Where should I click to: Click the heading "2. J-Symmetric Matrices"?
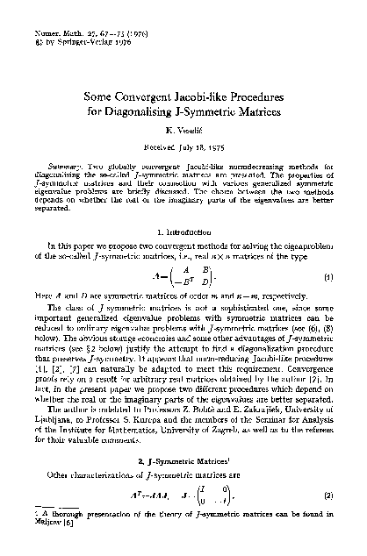tap(183, 463)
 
